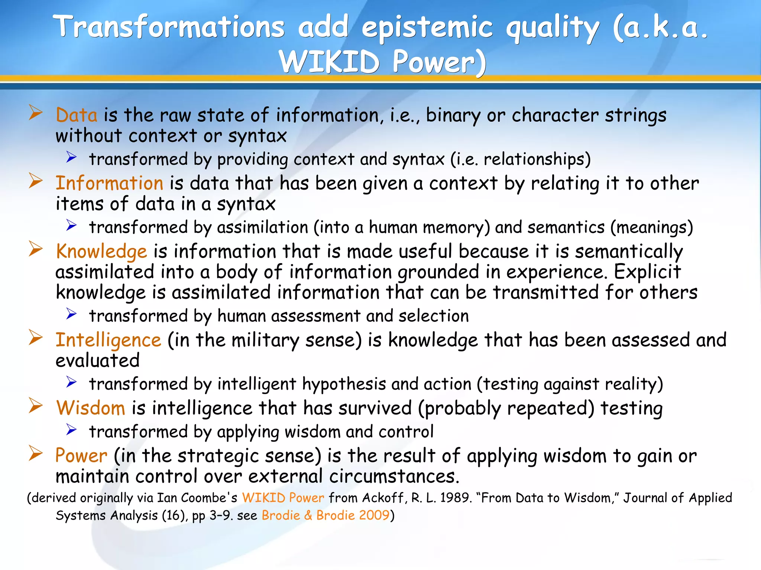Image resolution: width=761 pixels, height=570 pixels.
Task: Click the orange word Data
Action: click(x=77, y=115)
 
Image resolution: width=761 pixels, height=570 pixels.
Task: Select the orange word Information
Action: click(x=109, y=183)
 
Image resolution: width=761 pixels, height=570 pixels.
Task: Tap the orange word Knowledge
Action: click(x=101, y=252)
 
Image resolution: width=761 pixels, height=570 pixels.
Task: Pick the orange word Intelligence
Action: click(x=108, y=340)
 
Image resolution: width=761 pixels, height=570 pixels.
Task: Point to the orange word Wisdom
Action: click(x=91, y=408)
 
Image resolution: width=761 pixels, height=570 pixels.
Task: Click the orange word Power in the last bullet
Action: click(x=81, y=456)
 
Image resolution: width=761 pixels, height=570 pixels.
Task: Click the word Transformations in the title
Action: click(x=169, y=27)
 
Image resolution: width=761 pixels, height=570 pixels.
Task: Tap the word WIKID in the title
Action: click(x=329, y=62)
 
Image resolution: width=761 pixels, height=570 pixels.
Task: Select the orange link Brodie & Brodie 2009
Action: click(x=326, y=515)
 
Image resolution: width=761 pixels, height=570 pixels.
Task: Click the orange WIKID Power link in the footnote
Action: click(x=283, y=498)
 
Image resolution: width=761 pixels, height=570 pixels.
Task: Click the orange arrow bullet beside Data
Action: click(x=36, y=112)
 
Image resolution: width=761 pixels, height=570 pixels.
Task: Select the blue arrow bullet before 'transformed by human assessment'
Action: click(x=71, y=314)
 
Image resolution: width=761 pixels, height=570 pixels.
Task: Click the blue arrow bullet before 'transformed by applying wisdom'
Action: click(x=71, y=430)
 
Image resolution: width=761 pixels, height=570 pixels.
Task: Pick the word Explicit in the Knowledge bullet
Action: click(x=647, y=272)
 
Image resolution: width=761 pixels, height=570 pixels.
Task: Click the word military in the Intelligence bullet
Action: click(x=265, y=340)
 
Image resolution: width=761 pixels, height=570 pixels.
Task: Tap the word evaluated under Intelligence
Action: click(x=97, y=361)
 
